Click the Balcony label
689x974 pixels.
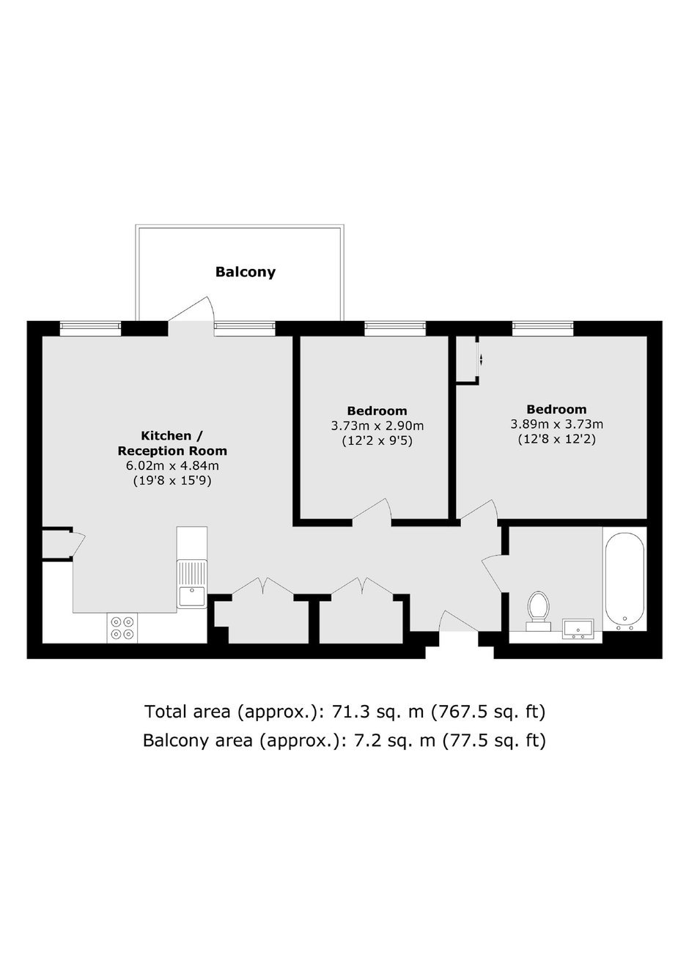246,272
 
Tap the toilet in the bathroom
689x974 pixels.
539,611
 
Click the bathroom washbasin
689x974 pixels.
578,630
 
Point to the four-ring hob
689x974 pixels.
122,628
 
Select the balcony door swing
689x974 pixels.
192,309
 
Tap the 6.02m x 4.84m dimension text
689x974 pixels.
172,465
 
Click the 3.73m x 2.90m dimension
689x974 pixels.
377,426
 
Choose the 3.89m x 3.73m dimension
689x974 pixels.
557,424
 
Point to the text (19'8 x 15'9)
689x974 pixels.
172,482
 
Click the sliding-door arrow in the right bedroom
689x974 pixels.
482,360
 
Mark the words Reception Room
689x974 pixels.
172,451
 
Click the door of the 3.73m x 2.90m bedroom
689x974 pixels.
372,509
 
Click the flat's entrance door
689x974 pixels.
459,621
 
